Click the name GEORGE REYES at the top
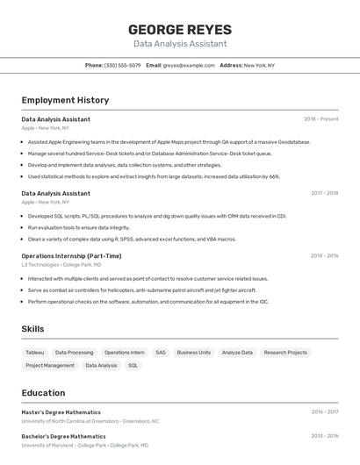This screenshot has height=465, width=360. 180,30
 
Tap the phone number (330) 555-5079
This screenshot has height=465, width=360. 122,65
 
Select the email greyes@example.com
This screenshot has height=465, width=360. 189,65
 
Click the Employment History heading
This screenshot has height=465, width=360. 65,101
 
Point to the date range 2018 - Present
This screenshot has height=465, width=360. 320,118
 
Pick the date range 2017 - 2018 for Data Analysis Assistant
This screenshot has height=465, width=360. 324,193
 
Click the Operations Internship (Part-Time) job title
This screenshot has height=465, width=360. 71,256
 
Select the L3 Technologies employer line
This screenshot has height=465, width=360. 61,264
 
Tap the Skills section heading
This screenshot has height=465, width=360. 33,329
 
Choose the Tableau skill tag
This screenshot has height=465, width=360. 34,353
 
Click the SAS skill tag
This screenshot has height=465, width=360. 161,353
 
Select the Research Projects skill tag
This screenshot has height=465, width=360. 285,353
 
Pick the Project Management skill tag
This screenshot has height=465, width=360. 50,366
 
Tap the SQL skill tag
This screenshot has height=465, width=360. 133,366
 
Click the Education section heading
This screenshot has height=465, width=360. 43,393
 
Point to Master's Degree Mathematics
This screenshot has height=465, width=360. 61,411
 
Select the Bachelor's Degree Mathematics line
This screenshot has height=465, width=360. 63,436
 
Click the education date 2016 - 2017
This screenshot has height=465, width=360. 324,411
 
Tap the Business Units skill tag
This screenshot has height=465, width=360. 193,353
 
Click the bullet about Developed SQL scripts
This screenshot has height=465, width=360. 156,215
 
